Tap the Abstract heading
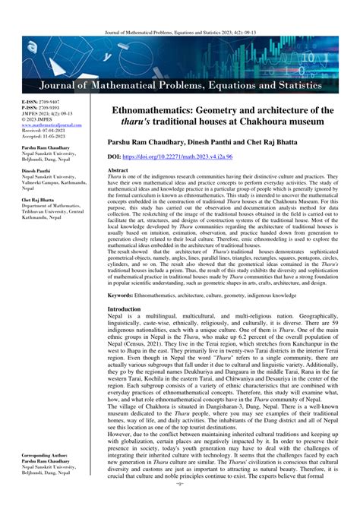(118, 171)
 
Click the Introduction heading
(124, 310)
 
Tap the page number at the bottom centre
(180, 504)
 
